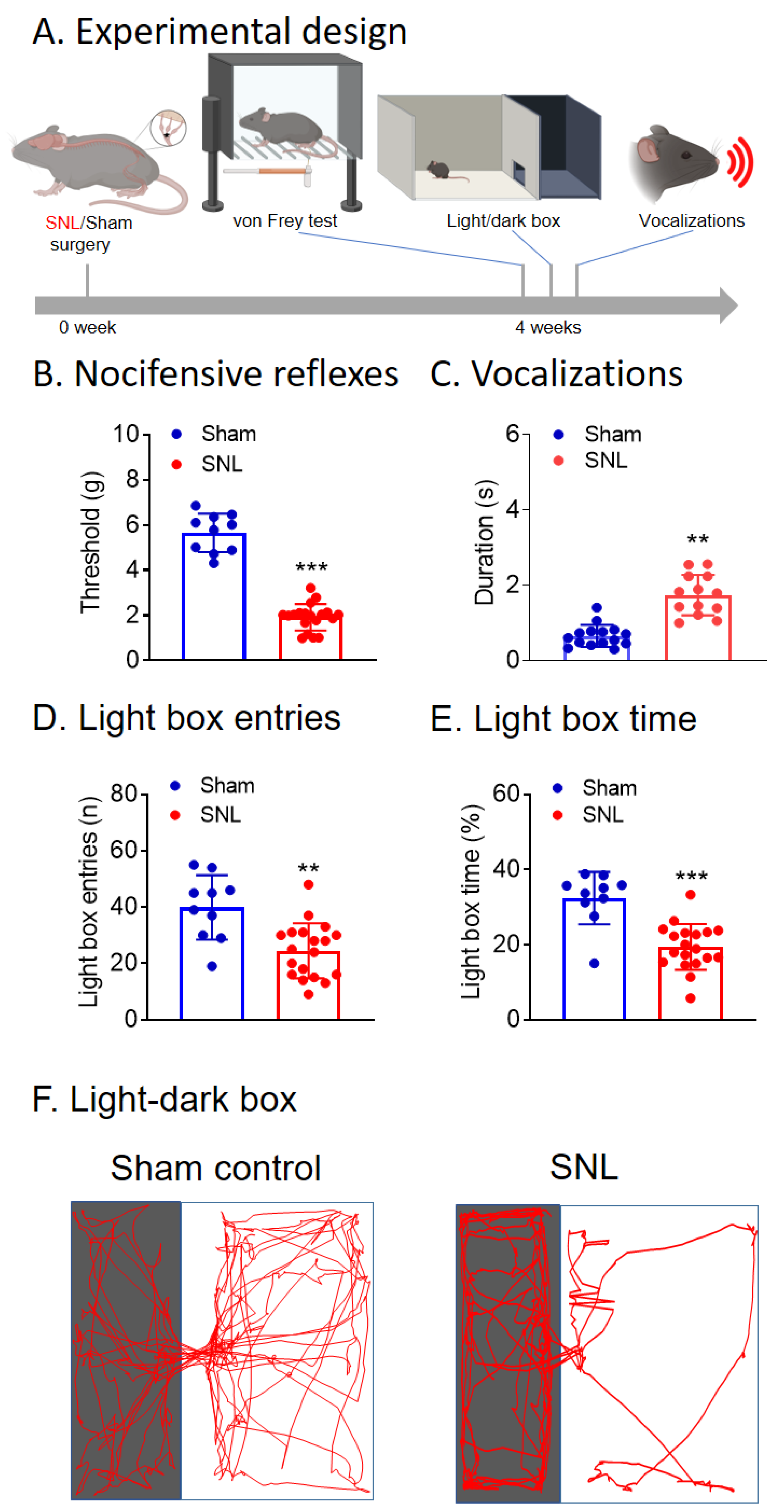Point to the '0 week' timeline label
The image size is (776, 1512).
(x=87, y=327)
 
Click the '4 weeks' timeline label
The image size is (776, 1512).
(x=548, y=327)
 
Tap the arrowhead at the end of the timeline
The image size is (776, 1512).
(x=728, y=305)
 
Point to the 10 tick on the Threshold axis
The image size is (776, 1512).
(x=126, y=434)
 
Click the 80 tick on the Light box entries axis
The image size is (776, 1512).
(x=124, y=794)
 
